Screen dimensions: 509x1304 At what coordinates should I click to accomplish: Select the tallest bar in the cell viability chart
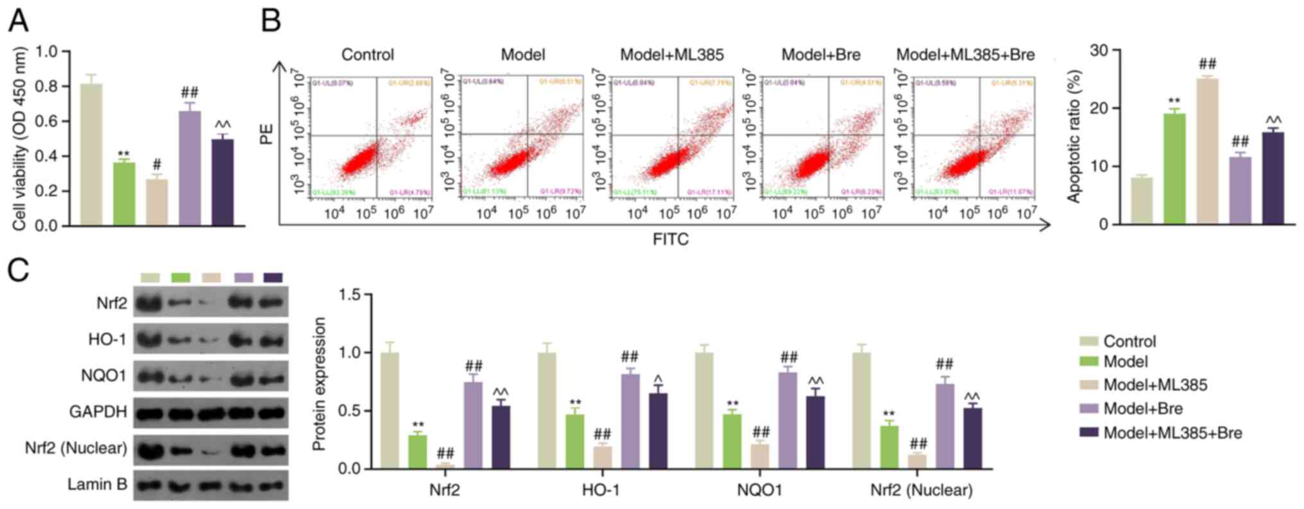tap(91, 154)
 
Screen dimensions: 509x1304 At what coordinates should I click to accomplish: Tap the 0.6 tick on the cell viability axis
tap(49, 121)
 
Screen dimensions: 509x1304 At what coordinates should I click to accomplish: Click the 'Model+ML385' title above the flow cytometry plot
tap(671, 55)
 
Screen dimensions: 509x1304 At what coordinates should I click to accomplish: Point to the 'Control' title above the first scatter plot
tap(367, 55)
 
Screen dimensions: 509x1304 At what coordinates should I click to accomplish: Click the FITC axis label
tap(670, 240)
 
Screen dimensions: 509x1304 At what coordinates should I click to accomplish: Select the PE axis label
tap(266, 134)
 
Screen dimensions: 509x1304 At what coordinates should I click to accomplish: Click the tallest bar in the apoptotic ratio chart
tap(1207, 151)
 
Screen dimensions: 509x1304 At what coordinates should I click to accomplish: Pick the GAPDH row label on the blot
tap(98, 412)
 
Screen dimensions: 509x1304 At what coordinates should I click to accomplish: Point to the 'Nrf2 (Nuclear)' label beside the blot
tap(76, 448)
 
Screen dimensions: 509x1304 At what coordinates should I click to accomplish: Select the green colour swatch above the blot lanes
tap(181, 277)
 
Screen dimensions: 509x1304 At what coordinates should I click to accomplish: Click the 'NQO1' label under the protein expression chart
tap(759, 491)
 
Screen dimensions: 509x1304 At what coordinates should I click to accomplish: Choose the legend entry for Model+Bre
tap(1142, 409)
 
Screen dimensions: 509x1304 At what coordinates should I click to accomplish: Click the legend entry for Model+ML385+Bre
tap(1172, 433)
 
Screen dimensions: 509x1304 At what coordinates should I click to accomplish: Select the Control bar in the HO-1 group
tap(547, 410)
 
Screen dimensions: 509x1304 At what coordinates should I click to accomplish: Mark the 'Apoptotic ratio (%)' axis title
tap(1074, 136)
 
